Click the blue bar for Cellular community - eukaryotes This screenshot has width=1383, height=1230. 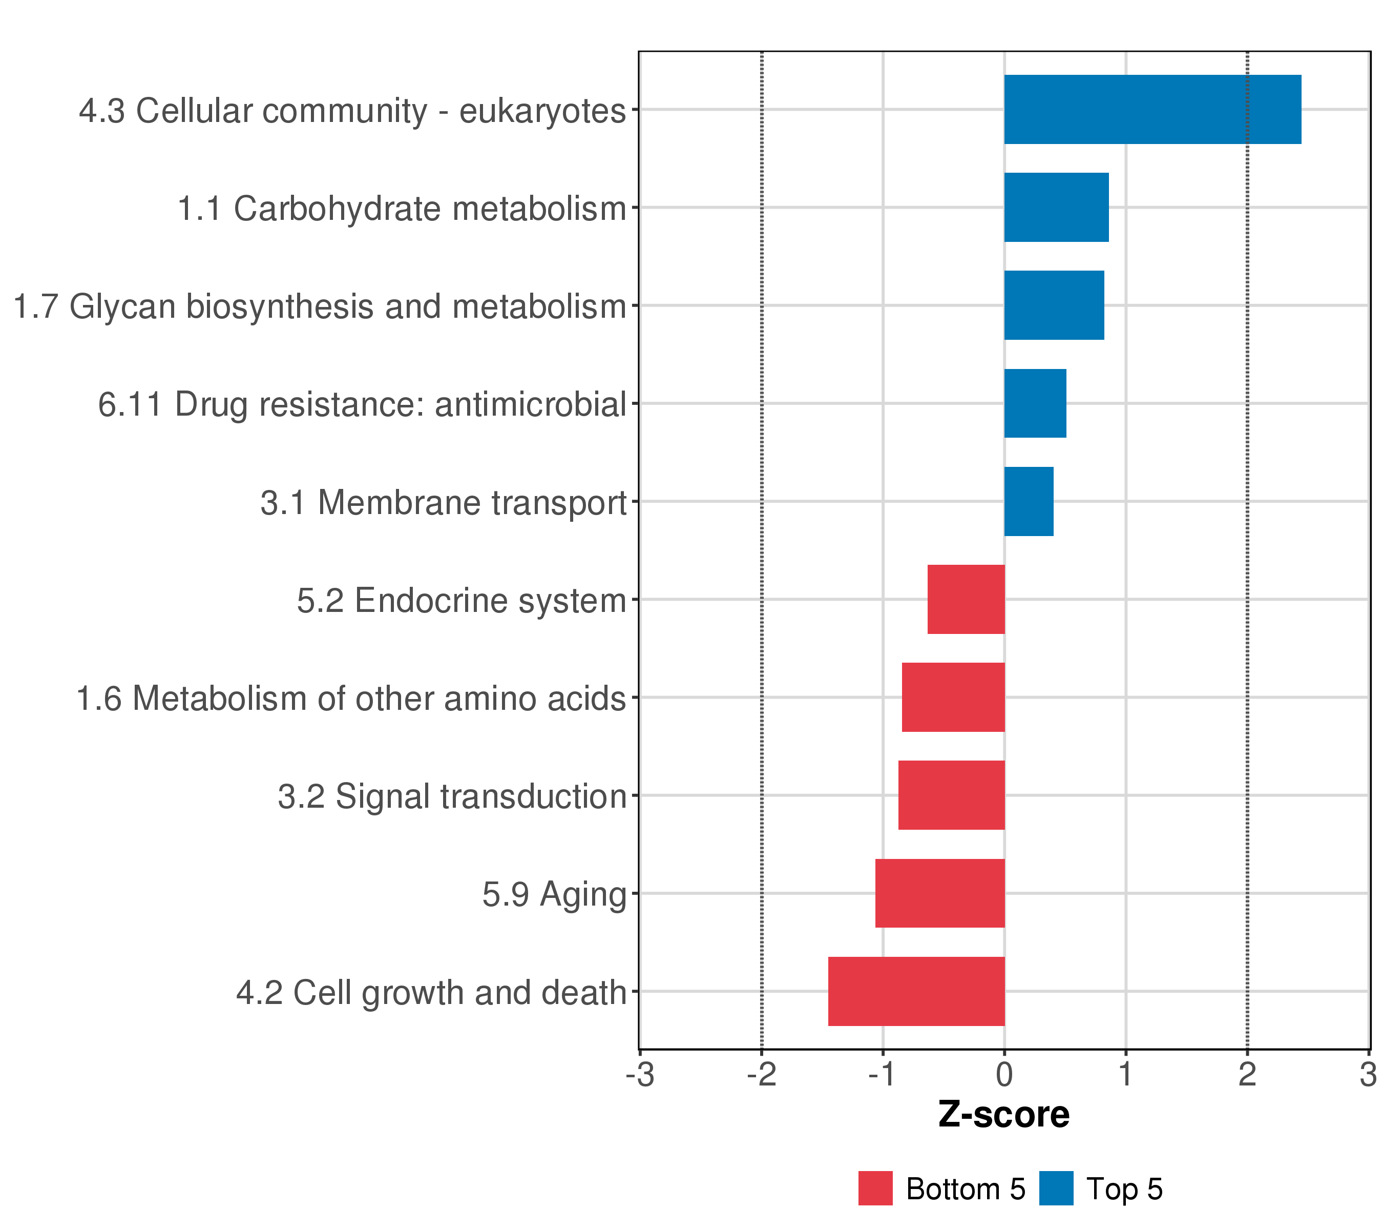pos(1152,109)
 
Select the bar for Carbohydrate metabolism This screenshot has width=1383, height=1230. pos(1056,207)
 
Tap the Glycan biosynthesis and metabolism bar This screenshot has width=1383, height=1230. pos(1054,305)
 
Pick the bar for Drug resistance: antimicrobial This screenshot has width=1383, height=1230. pos(1035,403)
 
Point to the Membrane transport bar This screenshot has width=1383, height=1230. pos(1029,502)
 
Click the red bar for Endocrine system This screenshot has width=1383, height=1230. pos(966,599)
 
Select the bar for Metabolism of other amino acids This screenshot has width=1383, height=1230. pos(953,697)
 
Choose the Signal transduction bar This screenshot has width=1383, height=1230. pos(951,795)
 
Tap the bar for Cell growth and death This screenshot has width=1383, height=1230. pos(916,991)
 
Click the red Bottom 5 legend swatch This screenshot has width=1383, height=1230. pos(875,1188)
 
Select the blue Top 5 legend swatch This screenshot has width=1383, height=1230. pos(1056,1188)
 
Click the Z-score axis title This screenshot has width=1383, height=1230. pos(1003,1115)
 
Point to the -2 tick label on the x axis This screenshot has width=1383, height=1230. pos(761,1076)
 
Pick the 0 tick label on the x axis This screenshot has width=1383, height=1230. pos(1004,1076)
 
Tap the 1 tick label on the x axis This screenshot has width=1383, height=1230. pos(1125,1076)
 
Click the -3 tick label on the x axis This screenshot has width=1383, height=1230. pos(640,1076)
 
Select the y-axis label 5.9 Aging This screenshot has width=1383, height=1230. pos(554,894)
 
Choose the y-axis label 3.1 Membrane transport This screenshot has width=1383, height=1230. pos(443,503)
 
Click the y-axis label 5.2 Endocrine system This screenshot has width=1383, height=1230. pos(462,601)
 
